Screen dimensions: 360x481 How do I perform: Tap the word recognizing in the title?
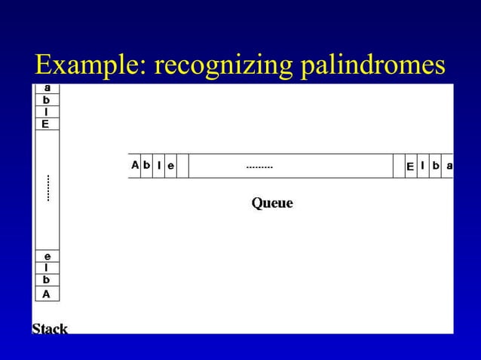222,66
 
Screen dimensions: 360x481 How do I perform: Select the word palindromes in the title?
373,66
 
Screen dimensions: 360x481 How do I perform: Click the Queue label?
271,203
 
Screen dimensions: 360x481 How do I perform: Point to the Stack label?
50,328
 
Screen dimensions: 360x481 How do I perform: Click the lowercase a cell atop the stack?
46,88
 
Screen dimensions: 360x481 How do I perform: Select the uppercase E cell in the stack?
46,124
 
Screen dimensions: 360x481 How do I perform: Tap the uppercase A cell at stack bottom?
46,294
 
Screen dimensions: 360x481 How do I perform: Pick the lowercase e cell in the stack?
46,256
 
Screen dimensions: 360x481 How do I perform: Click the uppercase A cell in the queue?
135,165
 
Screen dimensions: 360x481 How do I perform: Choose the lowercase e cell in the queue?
170,166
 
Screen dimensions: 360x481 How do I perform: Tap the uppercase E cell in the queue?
410,166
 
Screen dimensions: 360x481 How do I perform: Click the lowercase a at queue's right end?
449,166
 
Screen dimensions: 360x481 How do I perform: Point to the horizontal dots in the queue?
259,166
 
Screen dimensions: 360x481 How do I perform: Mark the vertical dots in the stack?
47,188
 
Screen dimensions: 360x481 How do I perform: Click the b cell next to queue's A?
147,165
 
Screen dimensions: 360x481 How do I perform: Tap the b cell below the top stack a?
46,99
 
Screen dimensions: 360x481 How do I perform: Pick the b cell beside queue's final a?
436,166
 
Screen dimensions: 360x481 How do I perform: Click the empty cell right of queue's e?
182,166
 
